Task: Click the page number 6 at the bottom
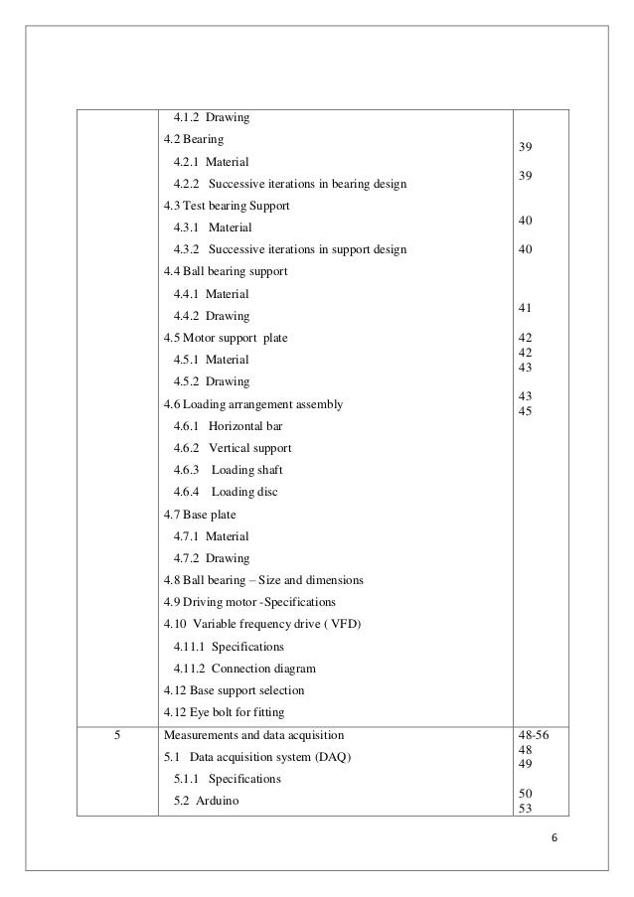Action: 555,836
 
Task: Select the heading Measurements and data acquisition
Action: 254,736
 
